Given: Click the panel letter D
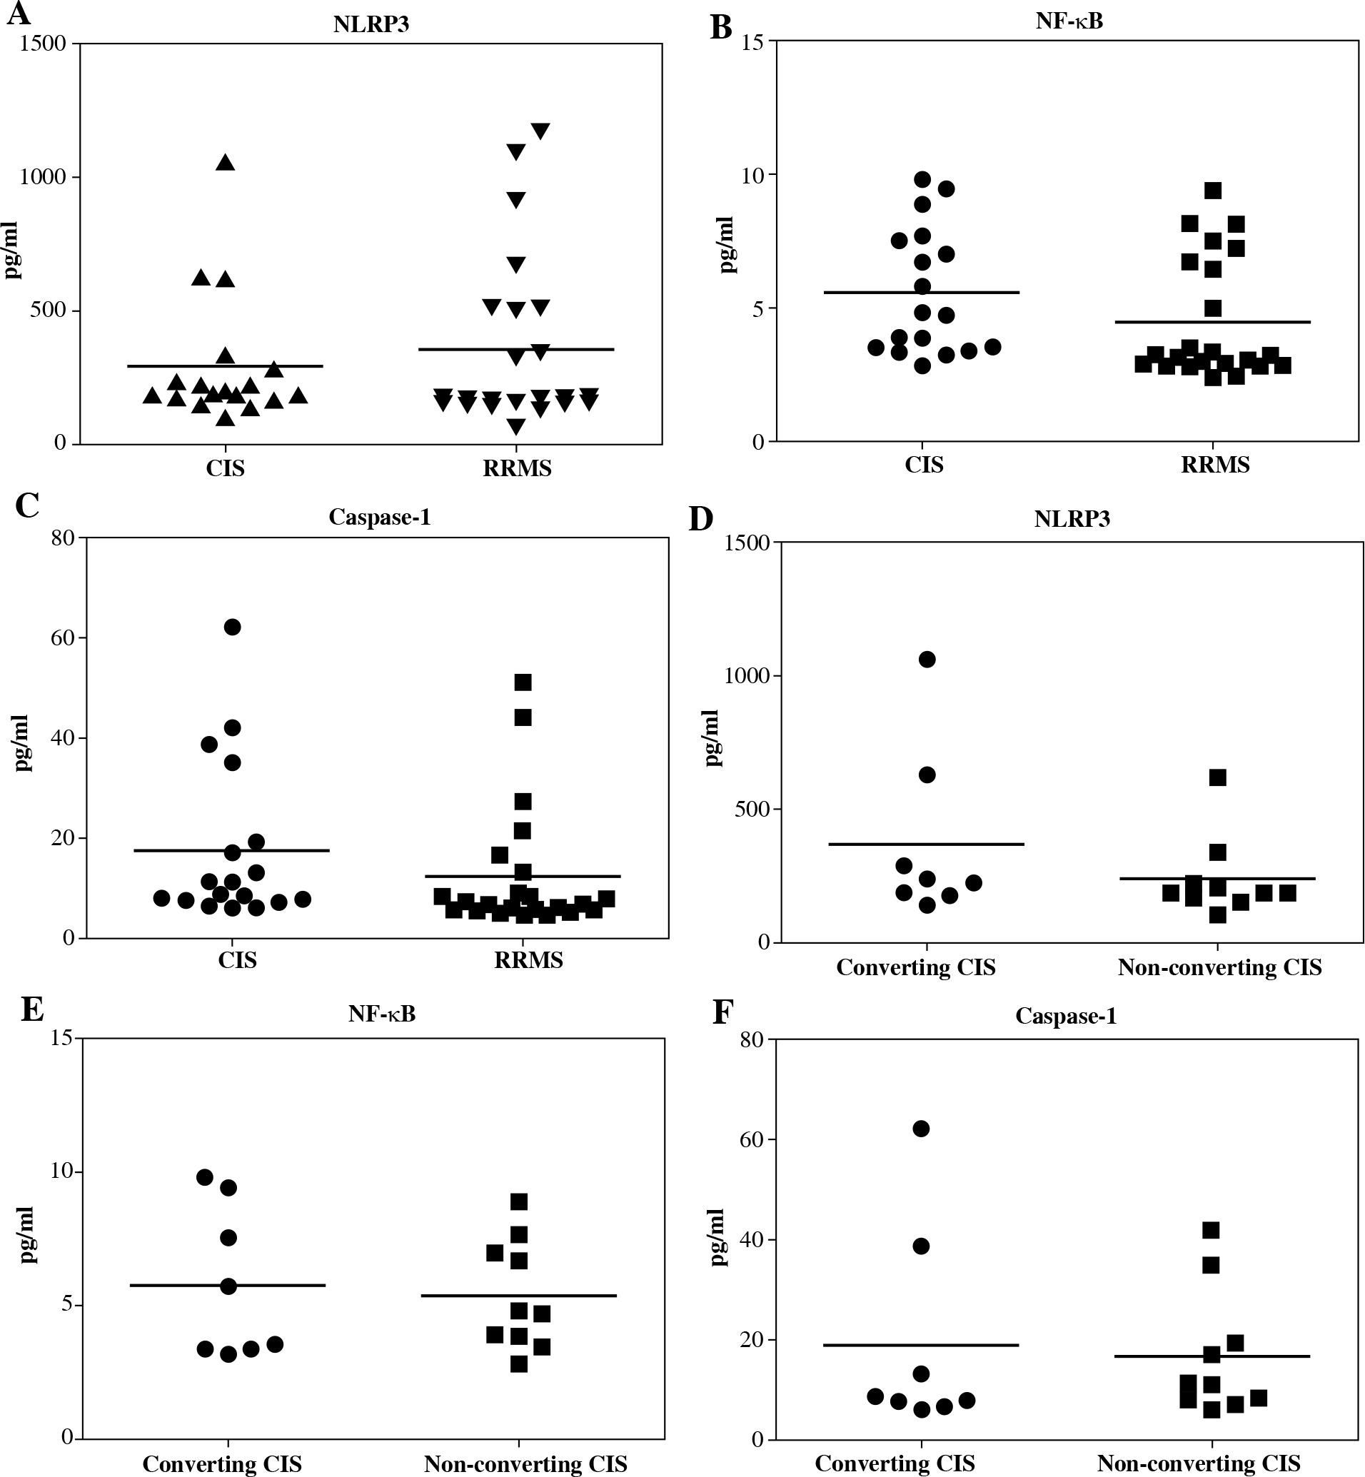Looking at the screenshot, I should (x=701, y=519).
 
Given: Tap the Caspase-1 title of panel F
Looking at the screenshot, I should (x=1065, y=1016).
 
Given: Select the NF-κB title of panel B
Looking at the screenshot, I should (x=1069, y=21).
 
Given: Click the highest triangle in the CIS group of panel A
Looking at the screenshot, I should (x=226, y=163).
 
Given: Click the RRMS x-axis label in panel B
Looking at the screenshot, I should (x=1215, y=465).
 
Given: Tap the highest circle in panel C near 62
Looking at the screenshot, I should (x=232, y=627).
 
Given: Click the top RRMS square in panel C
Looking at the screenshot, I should (x=523, y=682).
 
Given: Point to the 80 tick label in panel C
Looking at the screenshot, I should (x=64, y=538).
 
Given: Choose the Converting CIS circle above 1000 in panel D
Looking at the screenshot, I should (x=927, y=660).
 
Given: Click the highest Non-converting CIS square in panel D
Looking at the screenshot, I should (x=1218, y=777).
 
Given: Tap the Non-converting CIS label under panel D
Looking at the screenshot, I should (x=1219, y=967).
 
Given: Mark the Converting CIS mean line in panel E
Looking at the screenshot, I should (x=228, y=1286).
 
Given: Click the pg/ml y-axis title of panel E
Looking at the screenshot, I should (x=28, y=1236).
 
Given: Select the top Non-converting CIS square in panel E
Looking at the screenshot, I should (x=519, y=1202).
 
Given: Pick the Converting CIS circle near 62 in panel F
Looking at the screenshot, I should (x=921, y=1129).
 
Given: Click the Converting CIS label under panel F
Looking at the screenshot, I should (x=895, y=1463).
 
